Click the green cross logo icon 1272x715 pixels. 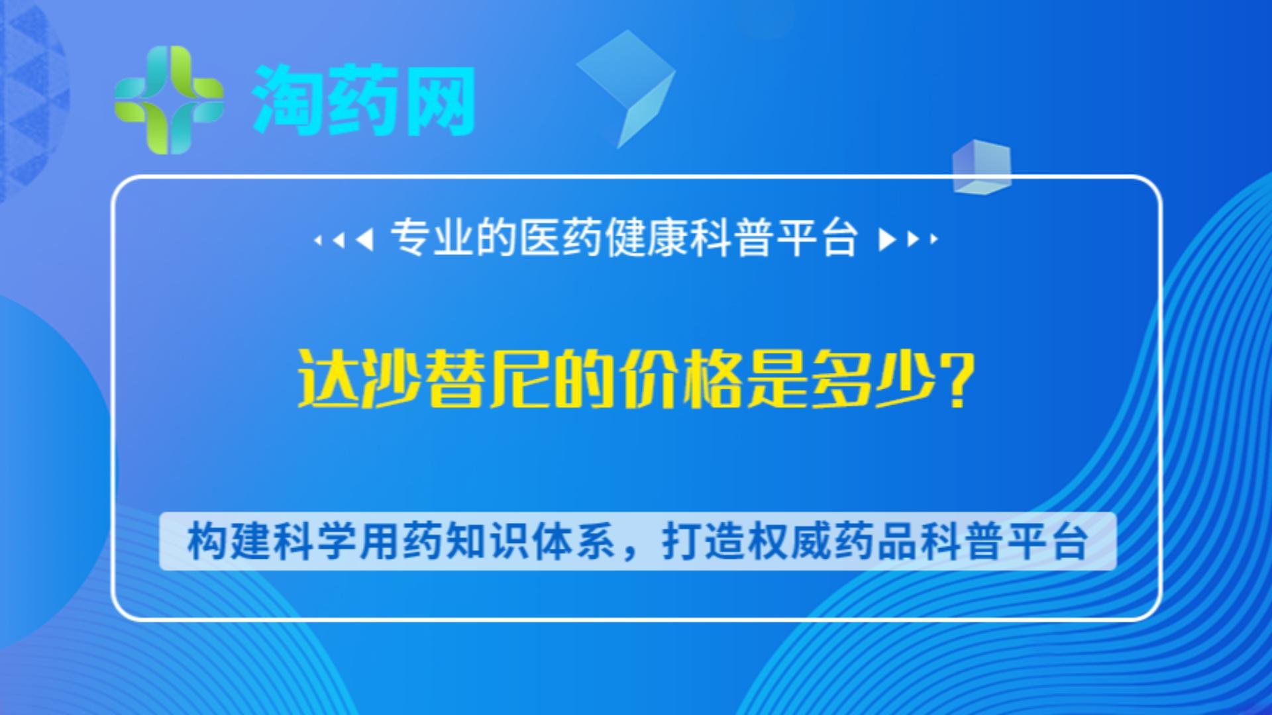tap(169, 100)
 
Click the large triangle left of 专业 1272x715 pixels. tap(365, 239)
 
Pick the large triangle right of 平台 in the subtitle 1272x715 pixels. tap(886, 239)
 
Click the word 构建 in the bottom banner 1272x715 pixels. tap(229, 542)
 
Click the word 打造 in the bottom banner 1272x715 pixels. tap(704, 542)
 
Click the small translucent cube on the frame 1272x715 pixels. tap(981, 166)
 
